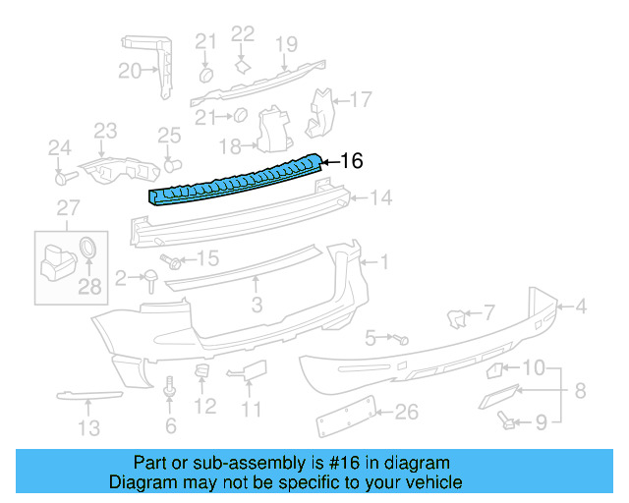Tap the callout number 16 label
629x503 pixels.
352,161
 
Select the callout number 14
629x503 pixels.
380,198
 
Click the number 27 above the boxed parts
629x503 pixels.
66,207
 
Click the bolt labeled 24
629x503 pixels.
65,179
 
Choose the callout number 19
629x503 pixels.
286,44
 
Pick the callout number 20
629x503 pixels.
130,71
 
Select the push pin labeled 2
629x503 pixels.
152,281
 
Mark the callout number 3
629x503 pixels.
257,306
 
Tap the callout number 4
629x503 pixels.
580,307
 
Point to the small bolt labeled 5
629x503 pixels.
402,339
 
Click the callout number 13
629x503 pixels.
88,427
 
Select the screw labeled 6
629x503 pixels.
171,390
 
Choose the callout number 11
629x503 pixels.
252,409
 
